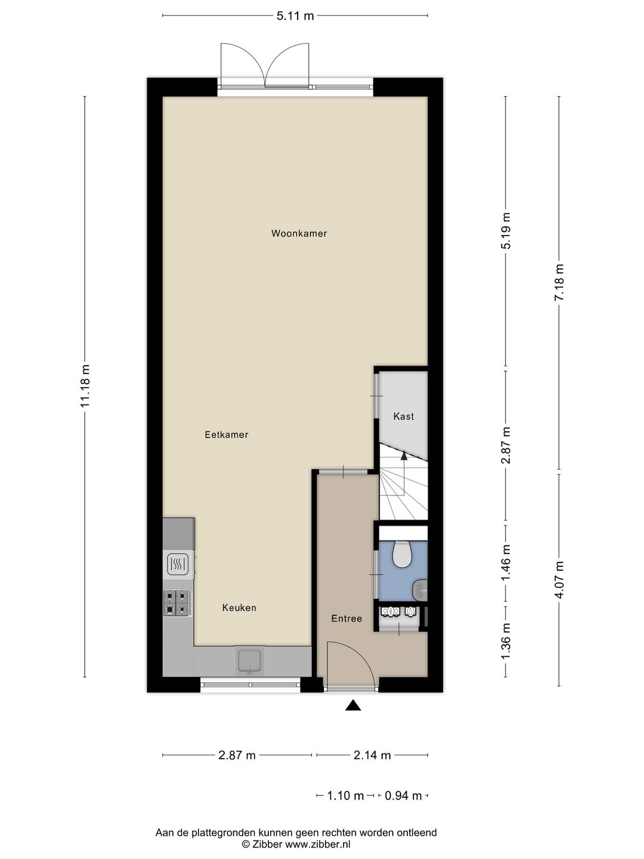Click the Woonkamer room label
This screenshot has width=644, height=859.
click(299, 233)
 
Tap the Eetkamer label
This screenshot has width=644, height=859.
click(227, 434)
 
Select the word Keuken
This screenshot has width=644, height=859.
click(239, 607)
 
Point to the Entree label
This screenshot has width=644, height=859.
click(346, 619)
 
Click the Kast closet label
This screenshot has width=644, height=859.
click(404, 416)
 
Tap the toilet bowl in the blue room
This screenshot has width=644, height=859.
click(402, 554)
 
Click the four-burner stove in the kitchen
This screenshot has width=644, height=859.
click(177, 602)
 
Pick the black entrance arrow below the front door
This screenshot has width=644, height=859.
click(353, 704)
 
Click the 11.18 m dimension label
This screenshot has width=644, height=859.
click(85, 385)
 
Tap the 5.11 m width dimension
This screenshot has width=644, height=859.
click(295, 16)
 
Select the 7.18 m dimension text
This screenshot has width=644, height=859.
click(559, 282)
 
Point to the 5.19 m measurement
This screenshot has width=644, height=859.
click(506, 230)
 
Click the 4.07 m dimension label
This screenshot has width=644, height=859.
click(559, 580)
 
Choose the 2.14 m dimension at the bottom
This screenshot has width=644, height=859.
click(372, 755)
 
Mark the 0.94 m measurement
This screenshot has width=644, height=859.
click(403, 796)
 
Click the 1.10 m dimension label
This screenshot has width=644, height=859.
click(345, 796)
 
